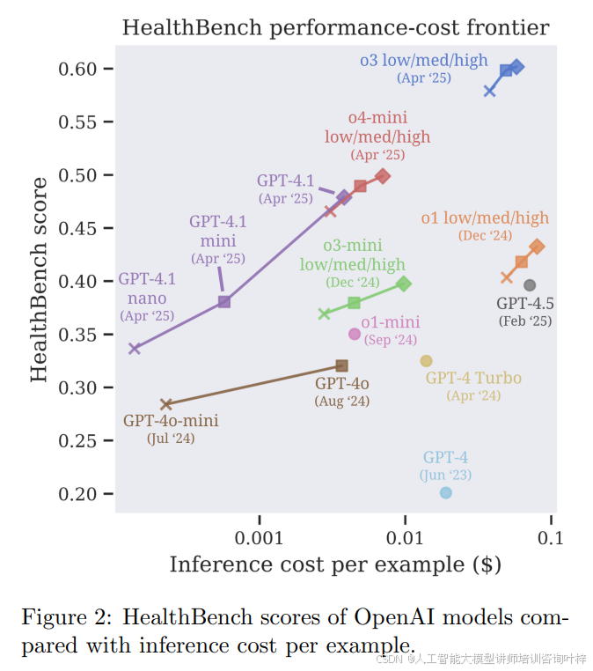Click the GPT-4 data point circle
click(446, 493)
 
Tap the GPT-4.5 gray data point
click(530, 285)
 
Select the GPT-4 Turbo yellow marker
click(427, 361)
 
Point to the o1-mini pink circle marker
click(355, 334)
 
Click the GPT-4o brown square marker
click(342, 365)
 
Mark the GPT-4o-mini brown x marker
click(165, 404)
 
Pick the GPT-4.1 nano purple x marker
click(135, 349)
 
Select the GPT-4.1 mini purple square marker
click(224, 302)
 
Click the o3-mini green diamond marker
click(404, 284)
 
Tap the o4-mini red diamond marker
click(383, 176)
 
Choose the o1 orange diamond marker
click(537, 247)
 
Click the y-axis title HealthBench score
click(40, 279)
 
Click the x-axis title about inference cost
click(335, 564)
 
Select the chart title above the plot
click(335, 27)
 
